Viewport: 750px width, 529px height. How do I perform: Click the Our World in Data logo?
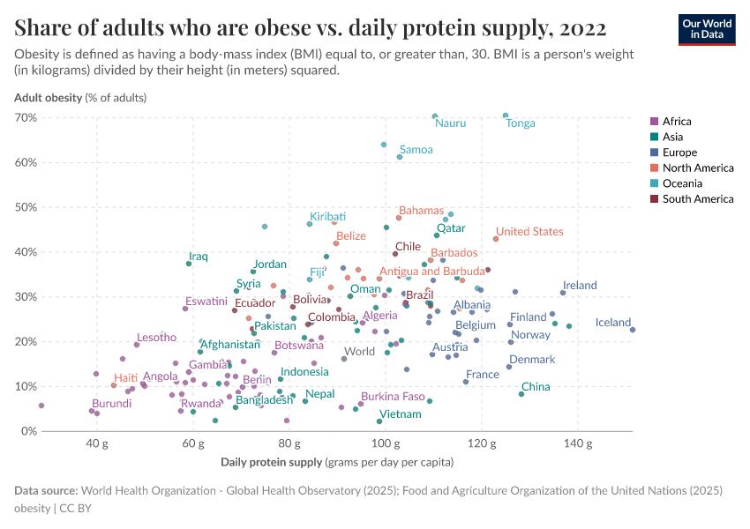pyautogui.click(x=706, y=29)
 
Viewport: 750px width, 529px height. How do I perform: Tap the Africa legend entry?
pyautogui.click(x=677, y=122)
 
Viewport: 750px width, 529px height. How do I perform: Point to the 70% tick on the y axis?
pyautogui.click(x=25, y=117)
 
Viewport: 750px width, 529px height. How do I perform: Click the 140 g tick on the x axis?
pyautogui.click(x=577, y=443)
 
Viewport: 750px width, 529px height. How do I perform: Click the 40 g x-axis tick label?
pyautogui.click(x=97, y=443)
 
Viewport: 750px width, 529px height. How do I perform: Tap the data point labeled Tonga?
pyautogui.click(x=506, y=115)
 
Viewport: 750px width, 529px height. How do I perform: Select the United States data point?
pyautogui.click(x=496, y=238)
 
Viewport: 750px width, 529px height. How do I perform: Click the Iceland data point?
pyautogui.click(x=633, y=330)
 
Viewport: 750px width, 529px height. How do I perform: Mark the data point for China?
pyautogui.click(x=521, y=394)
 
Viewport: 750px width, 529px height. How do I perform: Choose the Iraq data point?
pyautogui.click(x=189, y=264)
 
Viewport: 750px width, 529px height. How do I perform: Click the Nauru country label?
pyautogui.click(x=450, y=123)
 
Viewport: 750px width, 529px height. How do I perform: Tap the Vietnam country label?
pyautogui.click(x=400, y=414)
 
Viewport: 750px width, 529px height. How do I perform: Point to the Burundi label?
pyautogui.click(x=112, y=404)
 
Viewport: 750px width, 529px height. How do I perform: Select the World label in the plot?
pyautogui.click(x=359, y=351)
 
